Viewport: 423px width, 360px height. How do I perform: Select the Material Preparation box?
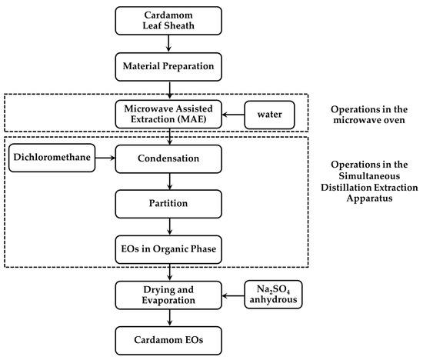click(169, 69)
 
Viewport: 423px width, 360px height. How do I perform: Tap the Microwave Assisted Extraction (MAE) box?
click(169, 115)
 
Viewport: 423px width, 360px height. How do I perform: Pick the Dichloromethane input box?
click(48, 160)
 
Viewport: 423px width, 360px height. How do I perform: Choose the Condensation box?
click(169, 161)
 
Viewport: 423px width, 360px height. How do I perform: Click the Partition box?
click(169, 205)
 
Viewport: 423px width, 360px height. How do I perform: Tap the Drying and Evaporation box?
click(169, 295)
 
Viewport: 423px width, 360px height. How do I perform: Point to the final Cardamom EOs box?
click(169, 339)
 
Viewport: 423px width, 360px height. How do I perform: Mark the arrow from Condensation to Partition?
click(169, 183)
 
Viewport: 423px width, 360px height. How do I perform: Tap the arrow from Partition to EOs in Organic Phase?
click(169, 227)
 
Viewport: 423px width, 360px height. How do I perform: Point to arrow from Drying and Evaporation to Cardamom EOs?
click(169, 318)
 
